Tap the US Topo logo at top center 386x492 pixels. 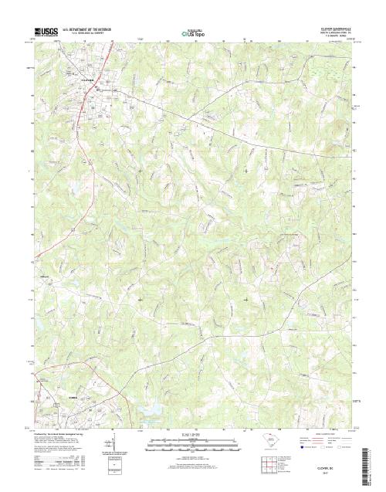coord(193,33)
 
